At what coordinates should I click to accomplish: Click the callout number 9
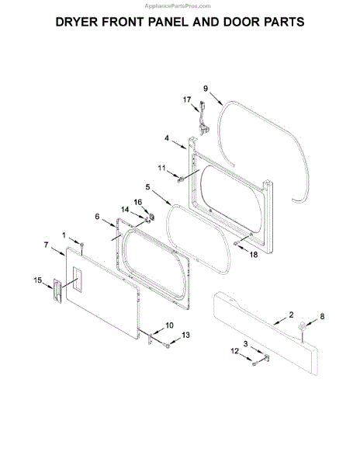(x=206, y=89)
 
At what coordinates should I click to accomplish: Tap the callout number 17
(x=187, y=99)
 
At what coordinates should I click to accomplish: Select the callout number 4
(x=167, y=138)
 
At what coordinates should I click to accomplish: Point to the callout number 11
(x=161, y=169)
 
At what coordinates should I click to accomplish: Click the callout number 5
(x=147, y=187)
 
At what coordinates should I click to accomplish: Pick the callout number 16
(x=137, y=202)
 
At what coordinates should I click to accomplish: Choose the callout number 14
(x=125, y=210)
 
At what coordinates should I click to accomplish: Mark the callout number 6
(x=97, y=217)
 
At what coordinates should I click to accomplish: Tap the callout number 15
(x=38, y=280)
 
